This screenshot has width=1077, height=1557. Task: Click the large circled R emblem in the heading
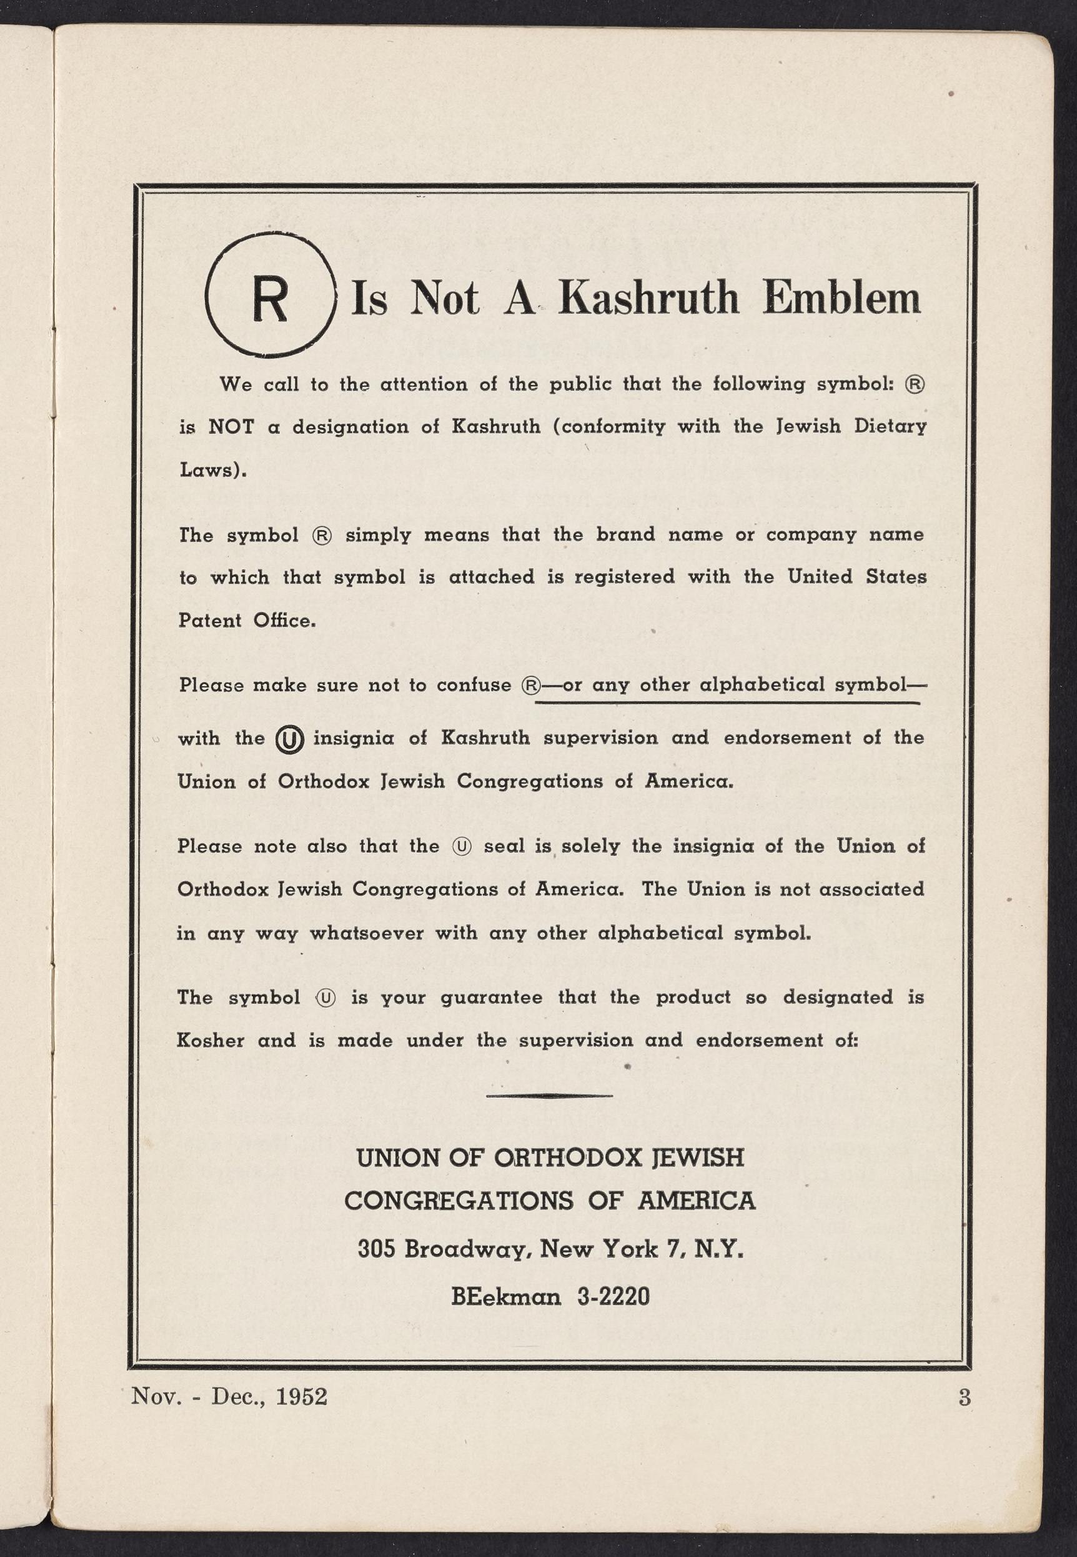pyautogui.click(x=270, y=294)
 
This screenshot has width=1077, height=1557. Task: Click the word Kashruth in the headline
pyautogui.click(x=648, y=297)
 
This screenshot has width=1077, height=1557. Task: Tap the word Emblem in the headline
pyautogui.click(x=841, y=297)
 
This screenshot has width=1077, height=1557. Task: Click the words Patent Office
pyautogui.click(x=247, y=621)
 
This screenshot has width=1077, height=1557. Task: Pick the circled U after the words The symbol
pyautogui.click(x=326, y=998)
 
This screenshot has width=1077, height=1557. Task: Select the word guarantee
pyautogui.click(x=491, y=998)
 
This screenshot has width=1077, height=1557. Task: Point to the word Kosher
pyautogui.click(x=210, y=1041)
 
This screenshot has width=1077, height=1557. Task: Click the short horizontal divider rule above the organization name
pyautogui.click(x=548, y=1095)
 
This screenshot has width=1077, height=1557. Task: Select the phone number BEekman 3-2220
pyautogui.click(x=550, y=1296)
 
